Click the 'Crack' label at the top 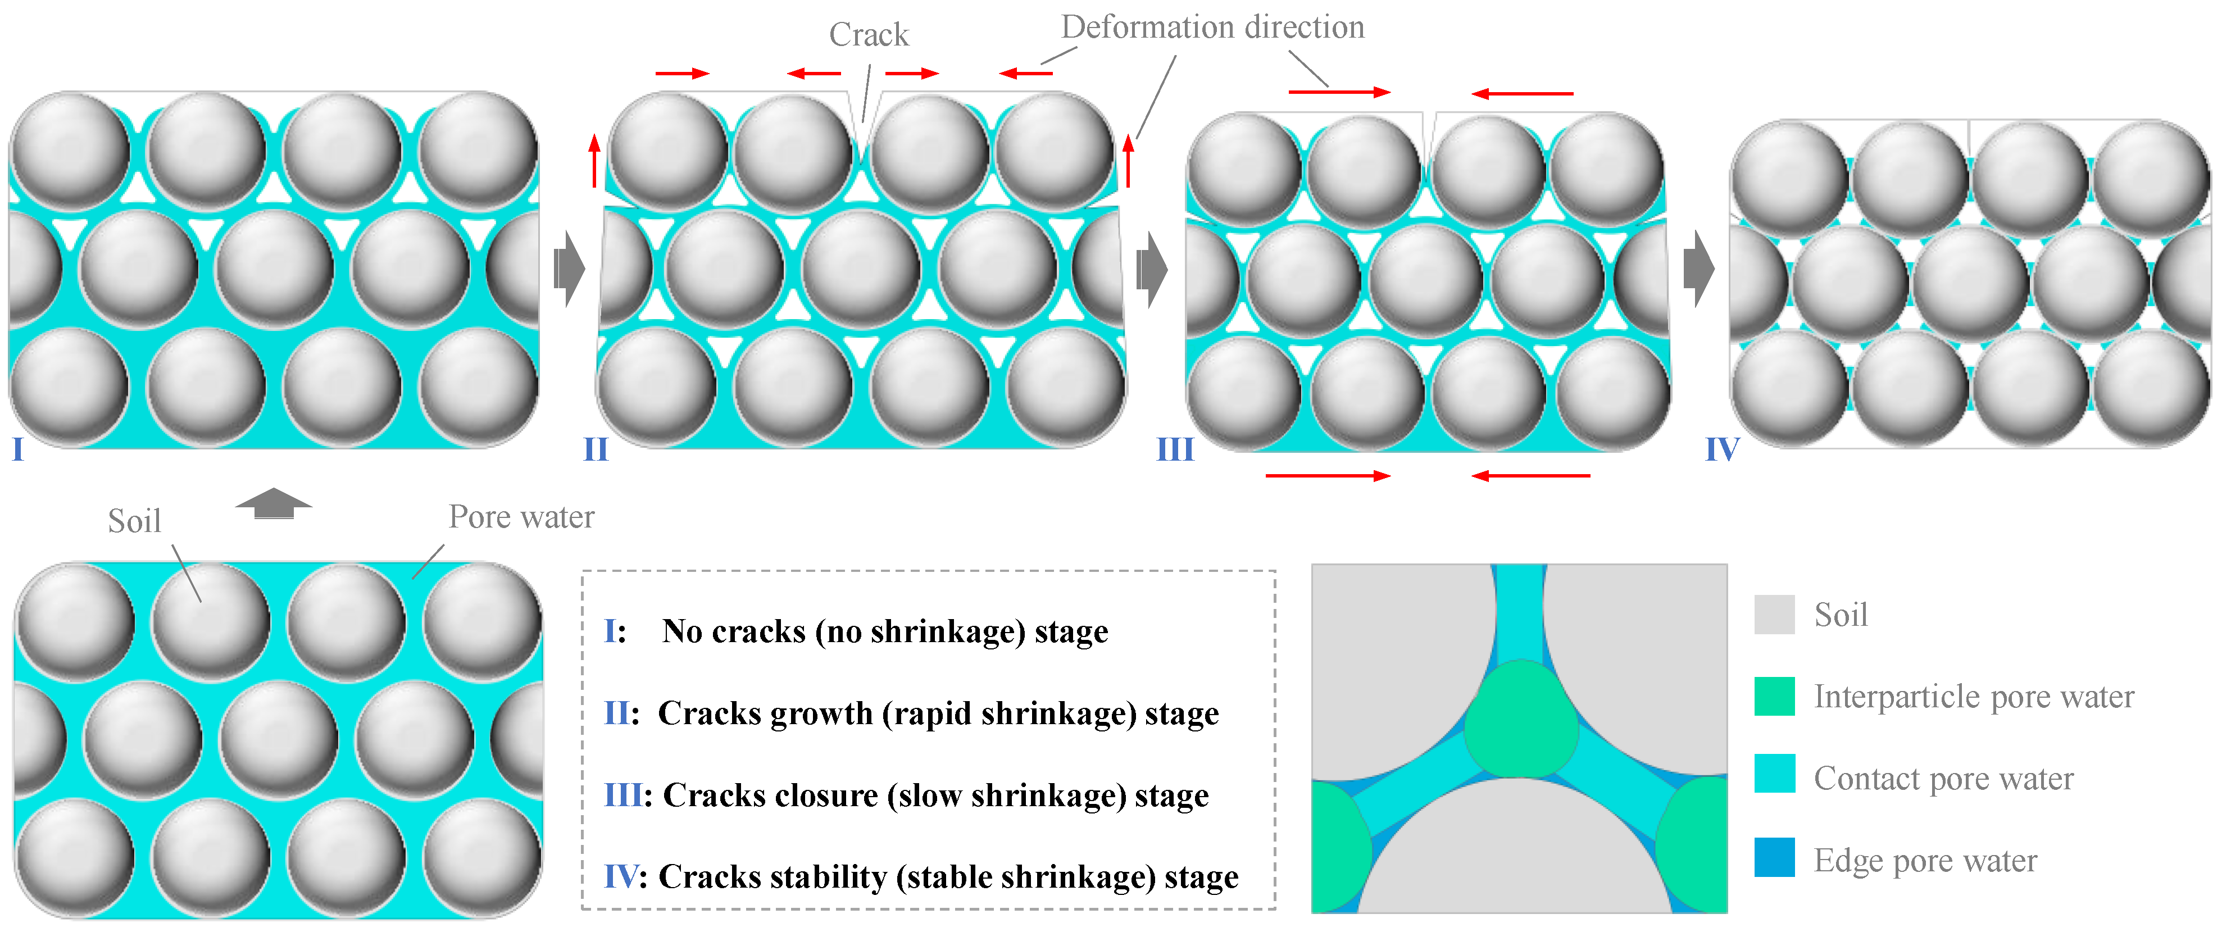pos(868,35)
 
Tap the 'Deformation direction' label pos(1212,27)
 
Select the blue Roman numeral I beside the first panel pos(17,449)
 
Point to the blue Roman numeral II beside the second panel pos(596,449)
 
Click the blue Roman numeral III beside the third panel pos(1175,449)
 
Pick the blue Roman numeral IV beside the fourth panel pos(1722,449)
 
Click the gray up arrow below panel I pos(274,502)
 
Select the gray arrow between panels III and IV pos(1698,269)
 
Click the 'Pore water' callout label pos(521,517)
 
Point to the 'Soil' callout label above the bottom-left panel pos(134,521)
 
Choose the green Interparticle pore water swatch pos(1774,697)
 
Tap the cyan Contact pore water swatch pos(1774,774)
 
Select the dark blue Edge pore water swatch pos(1774,857)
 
